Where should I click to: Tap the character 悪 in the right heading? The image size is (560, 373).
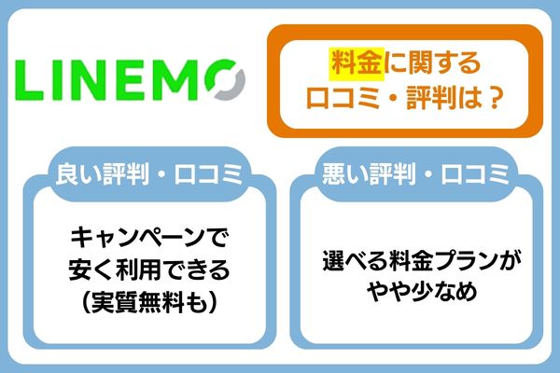click(337, 173)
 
